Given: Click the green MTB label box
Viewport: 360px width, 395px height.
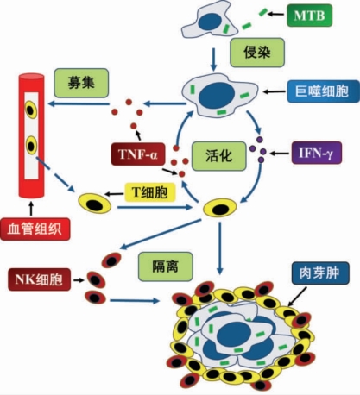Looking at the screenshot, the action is tap(309, 16).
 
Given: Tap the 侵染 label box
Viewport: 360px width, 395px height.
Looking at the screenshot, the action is tap(257, 53).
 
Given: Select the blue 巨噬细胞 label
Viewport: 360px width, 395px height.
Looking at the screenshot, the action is tap(324, 91).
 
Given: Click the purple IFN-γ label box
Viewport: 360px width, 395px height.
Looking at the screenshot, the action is tap(317, 153).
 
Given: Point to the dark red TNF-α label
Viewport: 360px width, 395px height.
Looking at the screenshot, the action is tap(138, 154).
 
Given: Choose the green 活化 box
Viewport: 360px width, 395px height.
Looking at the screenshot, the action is tap(219, 156).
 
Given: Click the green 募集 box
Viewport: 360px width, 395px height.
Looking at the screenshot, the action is tap(81, 83).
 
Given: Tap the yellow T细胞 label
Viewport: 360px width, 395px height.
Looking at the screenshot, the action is tap(150, 192).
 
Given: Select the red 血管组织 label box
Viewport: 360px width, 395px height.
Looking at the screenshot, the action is tap(35, 229).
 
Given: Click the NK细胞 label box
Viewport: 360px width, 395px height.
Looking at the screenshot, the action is tap(39, 279).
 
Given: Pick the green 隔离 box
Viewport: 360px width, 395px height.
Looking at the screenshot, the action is tap(165, 266).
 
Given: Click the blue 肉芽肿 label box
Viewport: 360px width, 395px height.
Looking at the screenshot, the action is tap(320, 273).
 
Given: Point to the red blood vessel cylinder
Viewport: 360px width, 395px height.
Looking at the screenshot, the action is tap(31, 135).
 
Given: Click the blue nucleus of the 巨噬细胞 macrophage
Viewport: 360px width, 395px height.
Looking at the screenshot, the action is tap(217, 95).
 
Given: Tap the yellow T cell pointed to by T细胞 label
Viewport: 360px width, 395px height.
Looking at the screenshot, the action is tap(95, 204).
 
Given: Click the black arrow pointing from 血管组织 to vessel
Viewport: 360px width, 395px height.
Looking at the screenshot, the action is tap(31, 209).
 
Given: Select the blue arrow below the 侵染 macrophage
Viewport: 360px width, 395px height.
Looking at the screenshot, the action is tap(213, 59).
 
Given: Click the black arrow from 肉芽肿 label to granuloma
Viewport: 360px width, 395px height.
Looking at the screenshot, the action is tap(297, 297).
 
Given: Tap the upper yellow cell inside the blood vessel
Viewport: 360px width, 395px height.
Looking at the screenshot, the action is tap(31, 110).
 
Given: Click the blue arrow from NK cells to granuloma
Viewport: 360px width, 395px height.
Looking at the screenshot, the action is tap(135, 301).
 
